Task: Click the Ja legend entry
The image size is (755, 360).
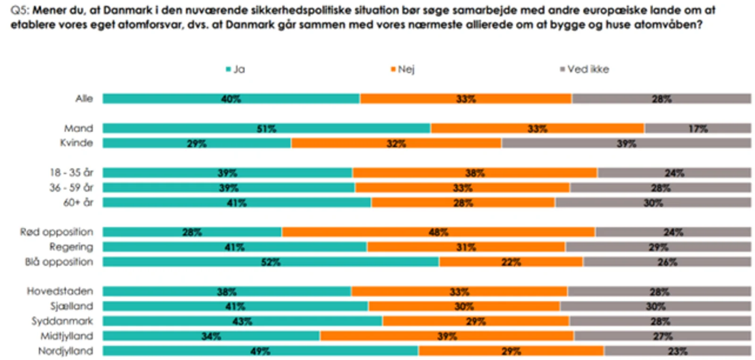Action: click(x=235, y=69)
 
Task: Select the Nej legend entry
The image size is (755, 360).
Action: click(x=403, y=69)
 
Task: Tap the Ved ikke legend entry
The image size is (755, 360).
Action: click(x=585, y=69)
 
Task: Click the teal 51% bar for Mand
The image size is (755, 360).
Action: click(x=266, y=128)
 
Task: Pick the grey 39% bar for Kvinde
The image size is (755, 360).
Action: click(x=626, y=143)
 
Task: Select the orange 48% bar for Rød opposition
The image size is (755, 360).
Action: click(x=438, y=232)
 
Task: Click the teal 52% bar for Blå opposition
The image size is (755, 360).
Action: click(x=270, y=262)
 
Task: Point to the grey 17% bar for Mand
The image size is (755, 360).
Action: click(x=697, y=128)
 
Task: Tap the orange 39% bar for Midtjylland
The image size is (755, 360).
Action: click(x=446, y=336)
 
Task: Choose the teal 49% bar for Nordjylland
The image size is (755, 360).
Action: click(x=260, y=351)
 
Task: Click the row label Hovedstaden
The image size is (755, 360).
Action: click(x=60, y=291)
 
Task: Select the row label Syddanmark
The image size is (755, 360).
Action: click(x=62, y=321)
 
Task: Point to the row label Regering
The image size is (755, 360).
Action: click(x=71, y=247)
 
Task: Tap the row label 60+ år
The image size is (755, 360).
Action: click(x=78, y=202)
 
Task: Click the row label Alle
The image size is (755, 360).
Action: click(x=84, y=99)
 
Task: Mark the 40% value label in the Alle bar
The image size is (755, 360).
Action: click(x=231, y=99)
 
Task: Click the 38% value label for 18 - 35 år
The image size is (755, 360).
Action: click(x=475, y=173)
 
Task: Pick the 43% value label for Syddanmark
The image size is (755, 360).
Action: click(x=242, y=321)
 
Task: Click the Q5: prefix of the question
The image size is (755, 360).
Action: click(x=19, y=10)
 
